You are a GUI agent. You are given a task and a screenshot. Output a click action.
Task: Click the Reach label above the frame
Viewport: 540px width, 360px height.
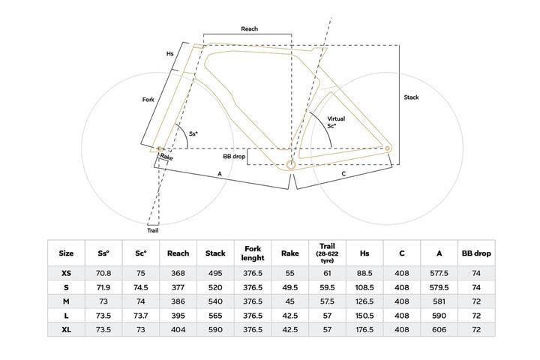(x=249, y=29)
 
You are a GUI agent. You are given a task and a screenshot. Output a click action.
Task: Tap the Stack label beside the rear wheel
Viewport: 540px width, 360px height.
(x=411, y=97)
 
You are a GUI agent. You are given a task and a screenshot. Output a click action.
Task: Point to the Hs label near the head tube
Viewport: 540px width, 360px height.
(x=169, y=54)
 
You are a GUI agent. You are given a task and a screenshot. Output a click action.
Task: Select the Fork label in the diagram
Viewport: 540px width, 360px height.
(x=148, y=100)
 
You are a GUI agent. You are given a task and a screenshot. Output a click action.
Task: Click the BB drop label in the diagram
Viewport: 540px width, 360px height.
(x=234, y=157)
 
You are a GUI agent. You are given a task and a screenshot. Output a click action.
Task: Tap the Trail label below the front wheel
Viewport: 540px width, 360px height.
(x=153, y=230)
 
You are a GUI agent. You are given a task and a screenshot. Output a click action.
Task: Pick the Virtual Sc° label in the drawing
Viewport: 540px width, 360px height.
(x=336, y=122)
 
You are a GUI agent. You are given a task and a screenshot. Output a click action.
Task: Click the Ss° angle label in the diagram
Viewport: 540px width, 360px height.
(x=193, y=133)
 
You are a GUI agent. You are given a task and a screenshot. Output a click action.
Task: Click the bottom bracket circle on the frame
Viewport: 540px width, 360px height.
(x=291, y=165)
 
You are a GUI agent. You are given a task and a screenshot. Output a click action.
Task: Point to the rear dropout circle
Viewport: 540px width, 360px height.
(x=387, y=148)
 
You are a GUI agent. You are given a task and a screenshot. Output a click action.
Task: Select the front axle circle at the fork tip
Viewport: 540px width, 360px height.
(x=160, y=148)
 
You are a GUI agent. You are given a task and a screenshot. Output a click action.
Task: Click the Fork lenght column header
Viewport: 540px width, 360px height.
(x=253, y=253)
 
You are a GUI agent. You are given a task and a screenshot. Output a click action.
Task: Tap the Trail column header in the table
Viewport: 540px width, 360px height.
(x=327, y=253)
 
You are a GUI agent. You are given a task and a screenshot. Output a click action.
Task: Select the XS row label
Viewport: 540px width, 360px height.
(x=66, y=273)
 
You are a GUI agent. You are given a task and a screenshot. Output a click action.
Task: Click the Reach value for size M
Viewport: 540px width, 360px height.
(x=178, y=301)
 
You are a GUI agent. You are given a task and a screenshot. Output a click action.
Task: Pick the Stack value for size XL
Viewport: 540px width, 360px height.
(x=215, y=330)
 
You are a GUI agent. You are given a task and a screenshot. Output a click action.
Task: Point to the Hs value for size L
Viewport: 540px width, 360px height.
(x=364, y=316)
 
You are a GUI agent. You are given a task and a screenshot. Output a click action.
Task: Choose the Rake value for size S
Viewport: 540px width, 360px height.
(x=290, y=287)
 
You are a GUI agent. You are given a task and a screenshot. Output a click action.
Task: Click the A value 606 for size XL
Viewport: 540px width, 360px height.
(x=439, y=330)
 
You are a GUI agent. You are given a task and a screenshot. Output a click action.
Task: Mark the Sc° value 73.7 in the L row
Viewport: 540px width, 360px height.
(x=141, y=316)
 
